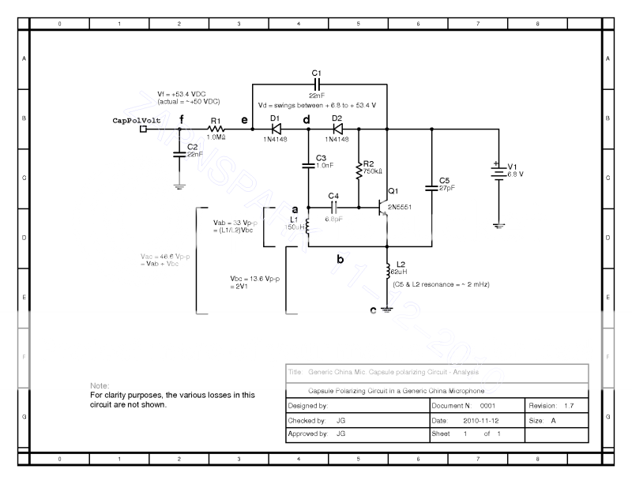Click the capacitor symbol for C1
(318, 83)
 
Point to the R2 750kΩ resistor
(359, 168)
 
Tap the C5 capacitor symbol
(432, 187)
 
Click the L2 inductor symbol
(387, 270)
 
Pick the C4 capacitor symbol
(333, 208)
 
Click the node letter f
(182, 119)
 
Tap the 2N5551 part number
(401, 208)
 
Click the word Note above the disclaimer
(100, 385)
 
